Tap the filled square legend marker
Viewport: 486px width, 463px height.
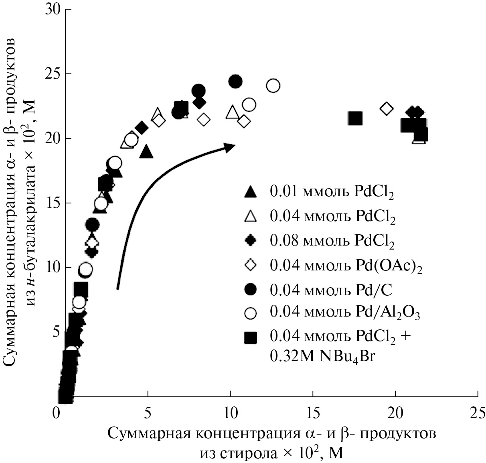[x=251, y=338]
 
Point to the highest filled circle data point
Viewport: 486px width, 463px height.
[x=235, y=82]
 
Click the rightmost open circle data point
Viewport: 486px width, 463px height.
[x=273, y=85]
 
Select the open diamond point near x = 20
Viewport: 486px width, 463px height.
[x=387, y=108]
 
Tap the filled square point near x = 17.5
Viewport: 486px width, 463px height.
[x=355, y=118]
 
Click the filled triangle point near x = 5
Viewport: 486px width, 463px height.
[x=146, y=152]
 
